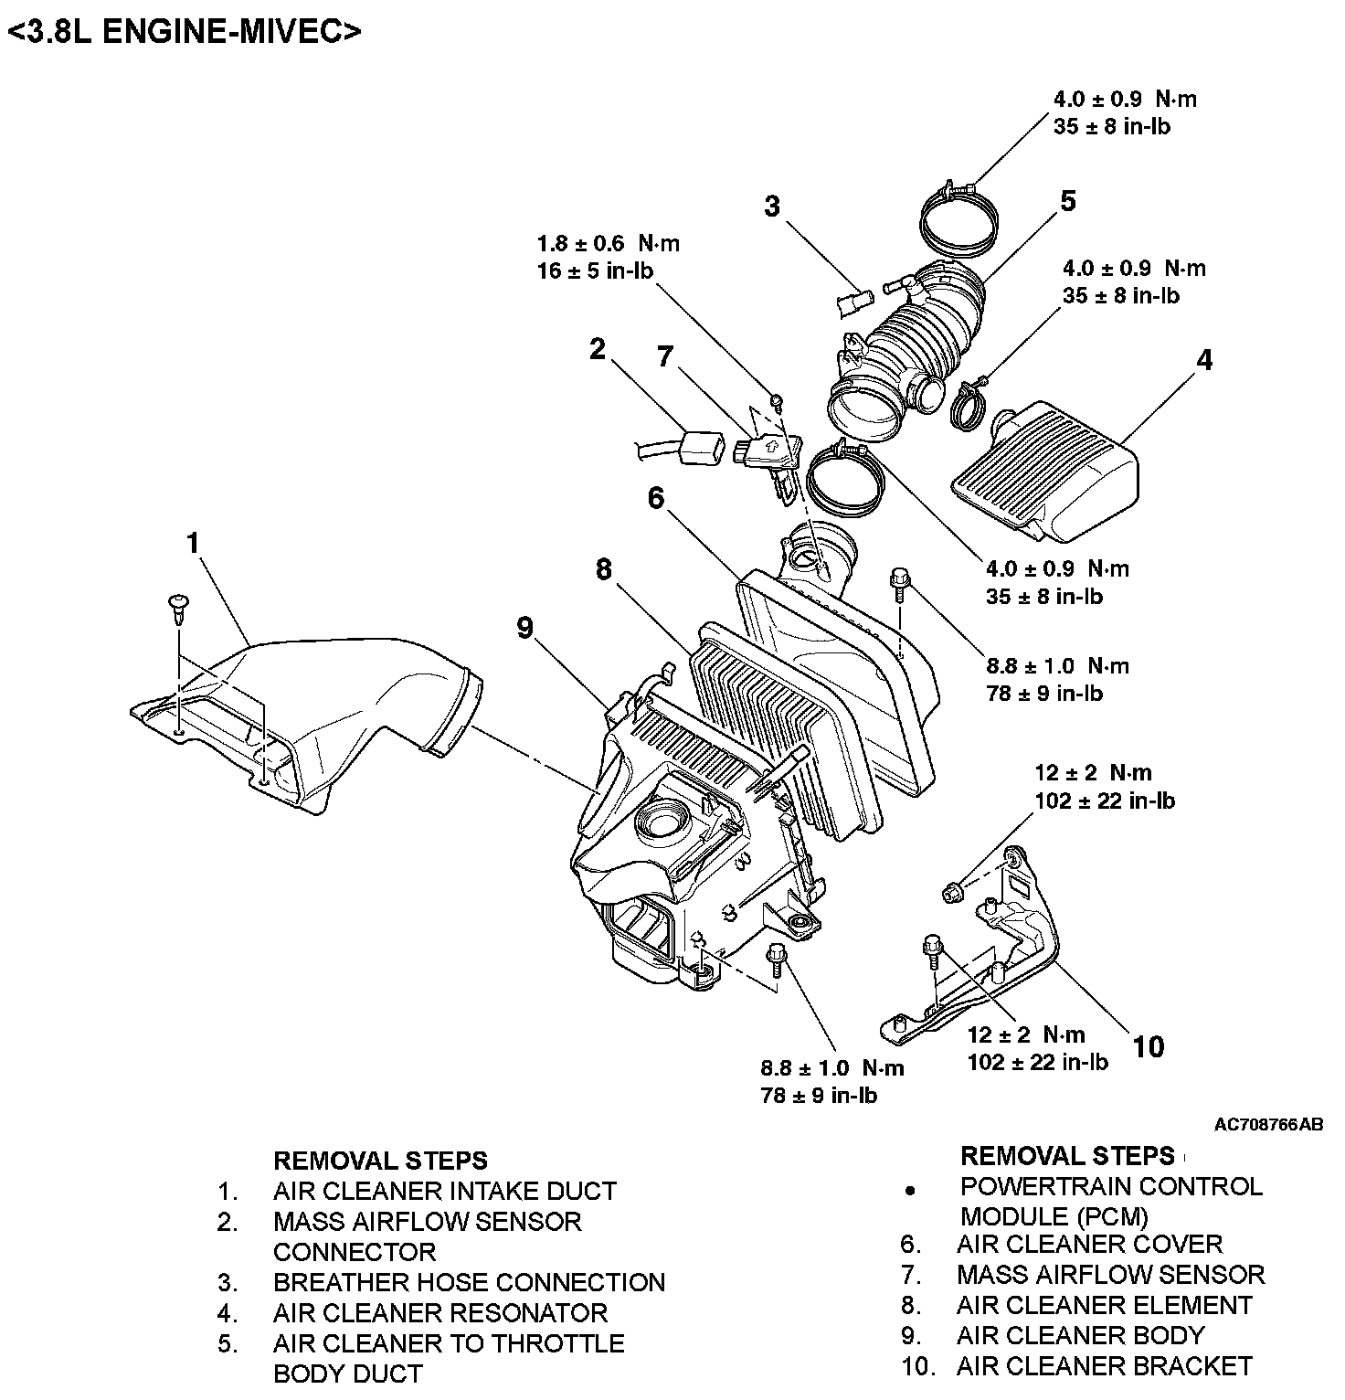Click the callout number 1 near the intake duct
coord(193,544)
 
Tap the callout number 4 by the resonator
coord(1204,361)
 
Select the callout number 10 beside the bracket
coord(1149,1046)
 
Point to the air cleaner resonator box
coord(1051,471)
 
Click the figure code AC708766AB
coord(1267,1125)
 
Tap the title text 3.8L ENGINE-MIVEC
coord(185,32)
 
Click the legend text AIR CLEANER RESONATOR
coord(440,1313)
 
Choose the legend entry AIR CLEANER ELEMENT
coord(1104,1305)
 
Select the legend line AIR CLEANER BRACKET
coord(1104,1366)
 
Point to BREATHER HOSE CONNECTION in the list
coord(469,1282)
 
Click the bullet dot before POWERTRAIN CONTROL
coord(909,1191)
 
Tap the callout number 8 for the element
coord(603,570)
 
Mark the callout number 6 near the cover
coord(656,498)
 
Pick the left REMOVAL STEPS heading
coord(380,1161)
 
